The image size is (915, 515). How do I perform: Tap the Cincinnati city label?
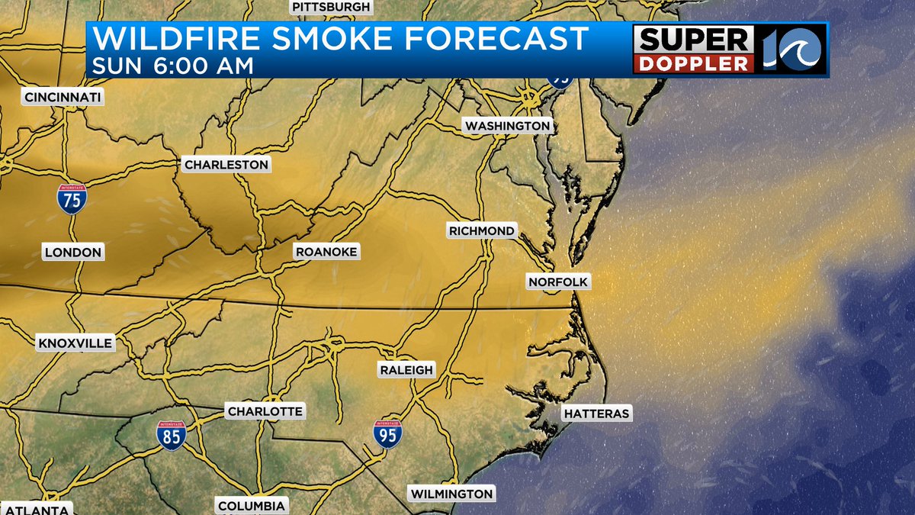coord(63,97)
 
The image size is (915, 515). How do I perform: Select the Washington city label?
coord(507,125)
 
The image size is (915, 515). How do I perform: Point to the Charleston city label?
coord(226,164)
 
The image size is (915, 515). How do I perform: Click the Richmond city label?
coord(481,230)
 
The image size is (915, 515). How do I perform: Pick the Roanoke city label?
coord(326,252)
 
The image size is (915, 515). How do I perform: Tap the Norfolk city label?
coord(558,282)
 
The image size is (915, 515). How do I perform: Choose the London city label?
coord(73,253)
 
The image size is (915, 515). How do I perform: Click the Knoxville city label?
coord(75,343)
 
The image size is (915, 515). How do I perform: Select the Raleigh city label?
coord(406,370)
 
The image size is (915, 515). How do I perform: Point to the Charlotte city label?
coord(265,411)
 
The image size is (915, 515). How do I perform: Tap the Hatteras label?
coord(597,414)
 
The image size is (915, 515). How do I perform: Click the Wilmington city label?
coord(452,494)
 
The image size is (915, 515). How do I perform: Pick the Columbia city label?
coord(252,506)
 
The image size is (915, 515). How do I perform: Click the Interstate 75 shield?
coord(71,198)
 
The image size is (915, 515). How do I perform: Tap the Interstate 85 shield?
coord(172,435)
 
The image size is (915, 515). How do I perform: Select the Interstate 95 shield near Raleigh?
coord(387,433)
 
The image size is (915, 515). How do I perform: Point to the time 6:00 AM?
coord(203,66)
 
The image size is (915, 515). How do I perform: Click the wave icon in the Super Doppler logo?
coord(800,50)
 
